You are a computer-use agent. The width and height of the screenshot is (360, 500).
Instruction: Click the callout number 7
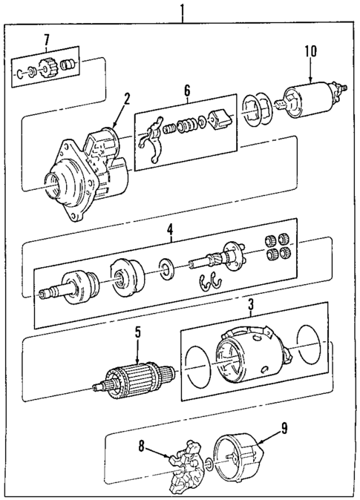click(x=47, y=40)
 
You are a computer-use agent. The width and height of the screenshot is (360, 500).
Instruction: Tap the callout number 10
click(x=310, y=52)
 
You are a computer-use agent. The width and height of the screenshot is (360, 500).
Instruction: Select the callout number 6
click(x=187, y=91)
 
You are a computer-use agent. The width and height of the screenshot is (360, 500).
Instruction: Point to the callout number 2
click(x=127, y=99)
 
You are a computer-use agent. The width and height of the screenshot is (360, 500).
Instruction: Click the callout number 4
click(x=171, y=228)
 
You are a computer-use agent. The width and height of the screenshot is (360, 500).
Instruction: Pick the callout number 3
click(x=251, y=305)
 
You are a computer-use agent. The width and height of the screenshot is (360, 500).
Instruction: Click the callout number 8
click(x=142, y=447)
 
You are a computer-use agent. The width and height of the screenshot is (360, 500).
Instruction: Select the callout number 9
click(x=284, y=429)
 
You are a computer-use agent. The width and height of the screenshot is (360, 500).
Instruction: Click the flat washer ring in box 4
click(x=166, y=269)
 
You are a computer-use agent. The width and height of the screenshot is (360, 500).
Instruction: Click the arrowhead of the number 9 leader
click(x=259, y=443)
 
